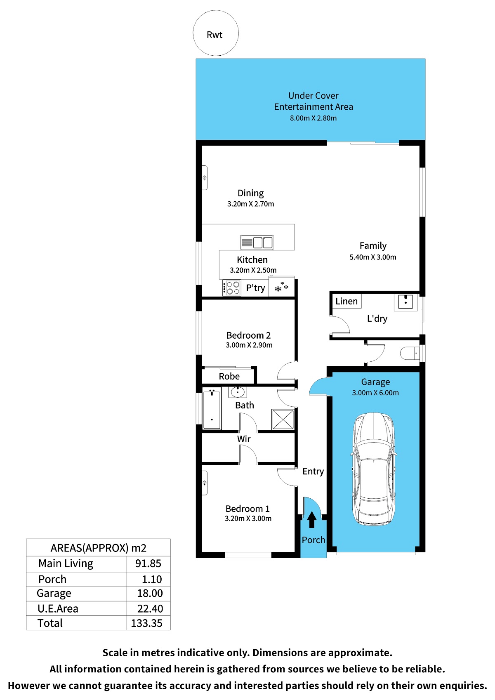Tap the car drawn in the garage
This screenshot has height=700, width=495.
374,469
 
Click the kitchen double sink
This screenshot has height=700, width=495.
257,243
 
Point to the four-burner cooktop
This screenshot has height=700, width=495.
231,288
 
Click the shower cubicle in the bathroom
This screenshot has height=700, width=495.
283,420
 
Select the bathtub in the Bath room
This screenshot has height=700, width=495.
212,409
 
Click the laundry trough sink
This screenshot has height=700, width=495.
405,302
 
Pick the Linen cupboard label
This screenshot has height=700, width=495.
346,301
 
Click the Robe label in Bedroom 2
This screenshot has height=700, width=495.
229,376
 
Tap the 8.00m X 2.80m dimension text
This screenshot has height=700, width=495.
313,118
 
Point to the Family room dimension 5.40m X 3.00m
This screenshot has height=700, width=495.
372,257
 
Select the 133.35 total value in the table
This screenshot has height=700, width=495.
146,623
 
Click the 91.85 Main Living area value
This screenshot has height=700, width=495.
148,563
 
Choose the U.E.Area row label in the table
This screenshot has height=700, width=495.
58,608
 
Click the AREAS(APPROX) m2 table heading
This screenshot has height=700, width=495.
98,548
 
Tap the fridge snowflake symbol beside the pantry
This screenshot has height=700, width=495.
281,287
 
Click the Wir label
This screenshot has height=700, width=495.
244,439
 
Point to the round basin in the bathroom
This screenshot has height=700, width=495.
238,392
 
